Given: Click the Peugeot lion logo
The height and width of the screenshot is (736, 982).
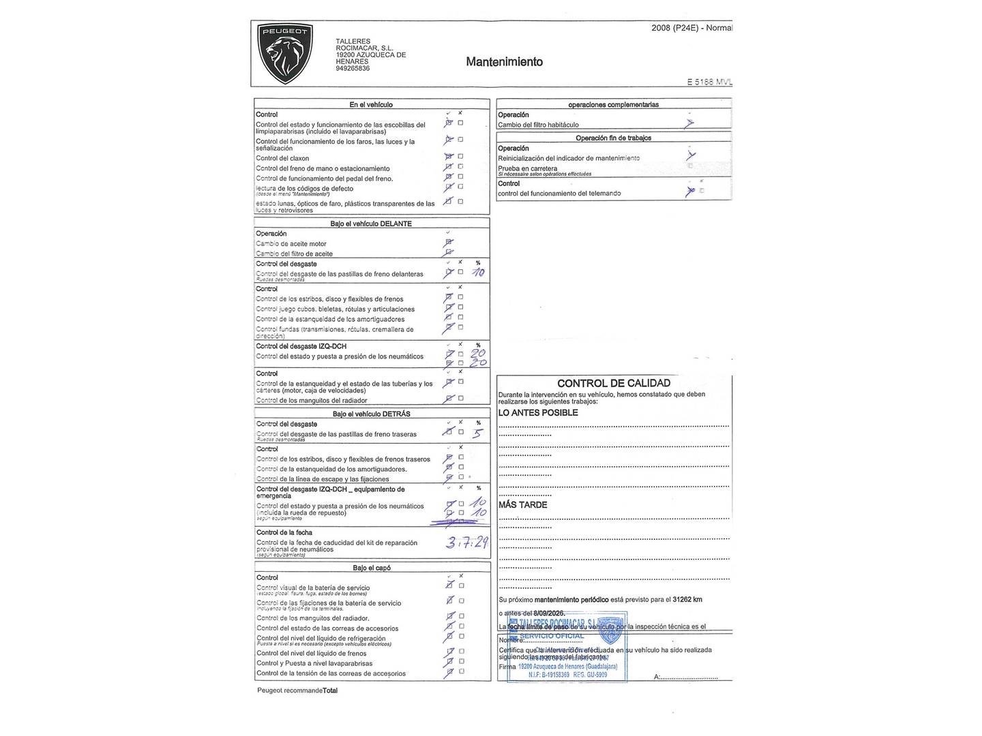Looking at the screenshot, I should (x=284, y=53).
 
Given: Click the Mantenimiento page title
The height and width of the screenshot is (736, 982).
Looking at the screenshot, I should (x=504, y=62).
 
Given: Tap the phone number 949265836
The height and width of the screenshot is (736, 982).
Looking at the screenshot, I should (x=353, y=69).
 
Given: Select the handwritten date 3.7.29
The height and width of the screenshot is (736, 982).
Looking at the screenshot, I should (x=466, y=542).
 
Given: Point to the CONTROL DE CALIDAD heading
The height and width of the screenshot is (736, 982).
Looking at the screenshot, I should (x=614, y=383).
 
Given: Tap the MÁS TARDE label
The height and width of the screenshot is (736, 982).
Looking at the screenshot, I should (x=522, y=505).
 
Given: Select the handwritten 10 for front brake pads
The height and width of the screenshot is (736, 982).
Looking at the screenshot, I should (x=478, y=273).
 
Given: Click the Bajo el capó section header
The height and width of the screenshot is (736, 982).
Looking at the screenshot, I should (x=372, y=568).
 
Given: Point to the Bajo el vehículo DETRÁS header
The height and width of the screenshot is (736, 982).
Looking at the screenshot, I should (x=372, y=414).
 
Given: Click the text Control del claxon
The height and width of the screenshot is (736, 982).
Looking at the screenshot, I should (x=282, y=158).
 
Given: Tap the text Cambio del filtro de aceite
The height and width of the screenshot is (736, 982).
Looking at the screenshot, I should (x=295, y=254).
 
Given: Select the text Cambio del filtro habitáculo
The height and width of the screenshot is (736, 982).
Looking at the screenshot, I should (x=538, y=125).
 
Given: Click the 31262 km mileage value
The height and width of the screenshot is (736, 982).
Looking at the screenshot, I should (x=687, y=600).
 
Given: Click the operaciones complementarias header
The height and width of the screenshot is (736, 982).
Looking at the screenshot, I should (x=614, y=104).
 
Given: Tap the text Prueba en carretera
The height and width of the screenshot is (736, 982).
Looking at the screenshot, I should (x=527, y=168).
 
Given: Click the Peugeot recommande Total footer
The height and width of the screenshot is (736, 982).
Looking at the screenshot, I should (x=297, y=690).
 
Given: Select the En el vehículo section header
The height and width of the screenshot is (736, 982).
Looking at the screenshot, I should (x=371, y=104).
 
